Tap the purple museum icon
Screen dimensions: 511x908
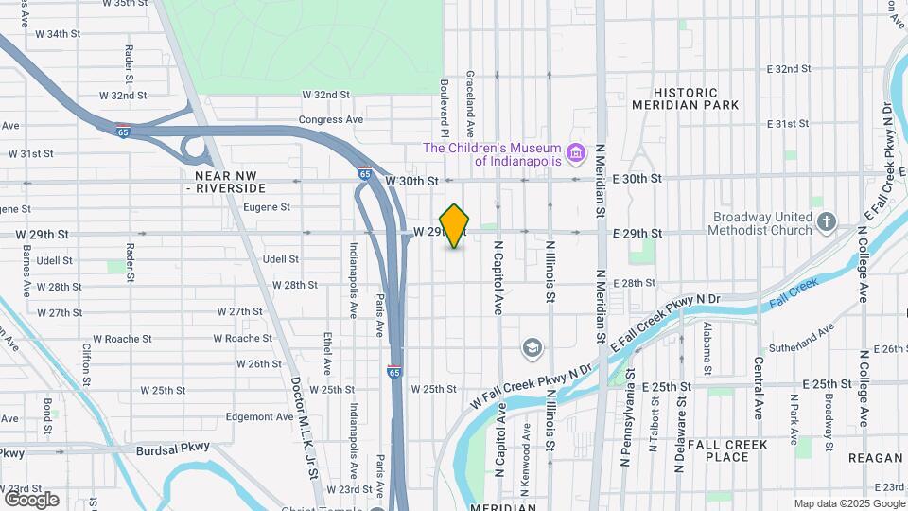[574, 152]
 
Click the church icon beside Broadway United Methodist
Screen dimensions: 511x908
[828, 222]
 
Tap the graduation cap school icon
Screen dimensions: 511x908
[533, 348]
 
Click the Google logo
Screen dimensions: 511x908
[31, 499]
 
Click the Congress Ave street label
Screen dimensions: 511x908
[331, 120]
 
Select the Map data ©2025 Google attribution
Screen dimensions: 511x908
[848, 503]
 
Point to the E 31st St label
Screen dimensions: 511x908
[790, 124]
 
